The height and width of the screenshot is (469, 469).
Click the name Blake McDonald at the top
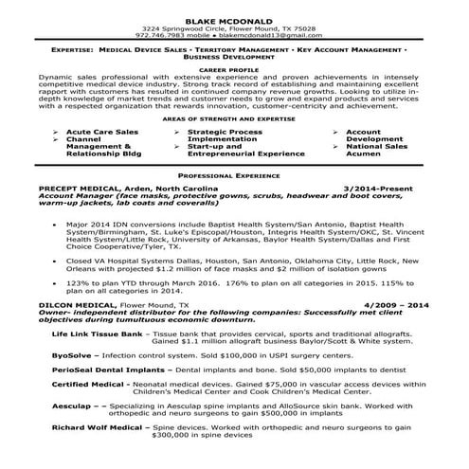234,9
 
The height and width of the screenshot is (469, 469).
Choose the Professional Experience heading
234,176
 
